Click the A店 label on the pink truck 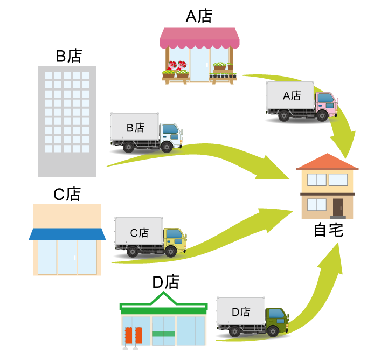pyautogui.click(x=292, y=96)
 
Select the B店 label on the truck pyautogui.click(x=135, y=128)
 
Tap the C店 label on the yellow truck pyautogui.click(x=139, y=233)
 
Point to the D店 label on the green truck pyautogui.click(x=241, y=312)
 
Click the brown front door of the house pyautogui.click(x=337, y=207)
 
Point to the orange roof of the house pyautogui.click(x=327, y=162)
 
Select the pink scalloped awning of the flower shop pyautogui.click(x=199, y=37)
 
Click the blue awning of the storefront pyautogui.click(x=67, y=234)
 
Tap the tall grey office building pyautogui.click(x=67, y=121)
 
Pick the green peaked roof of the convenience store pyautogui.click(x=163, y=302)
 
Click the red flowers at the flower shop pyautogui.click(x=177, y=65)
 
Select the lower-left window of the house pyautogui.click(x=316, y=204)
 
